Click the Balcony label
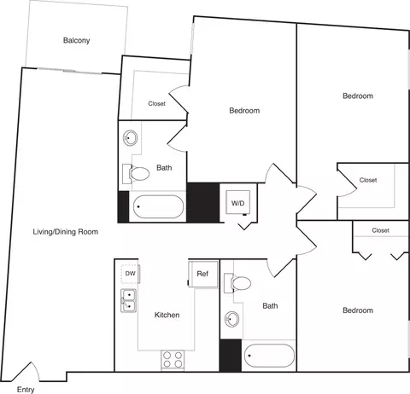(76, 40)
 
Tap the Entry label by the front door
(26, 390)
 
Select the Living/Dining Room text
(66, 232)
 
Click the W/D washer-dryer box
(238, 202)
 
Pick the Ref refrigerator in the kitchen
(203, 274)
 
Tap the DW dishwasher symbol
(131, 274)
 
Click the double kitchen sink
(128, 301)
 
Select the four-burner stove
(173, 360)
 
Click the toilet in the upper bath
(136, 173)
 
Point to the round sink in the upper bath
(130, 138)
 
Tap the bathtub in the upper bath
(158, 206)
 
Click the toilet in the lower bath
(237, 283)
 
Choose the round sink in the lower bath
(231, 319)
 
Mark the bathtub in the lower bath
(269, 356)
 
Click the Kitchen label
(167, 315)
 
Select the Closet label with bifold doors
(380, 230)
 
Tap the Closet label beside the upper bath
(156, 103)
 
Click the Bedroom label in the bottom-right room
(358, 310)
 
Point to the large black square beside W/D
(203, 202)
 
